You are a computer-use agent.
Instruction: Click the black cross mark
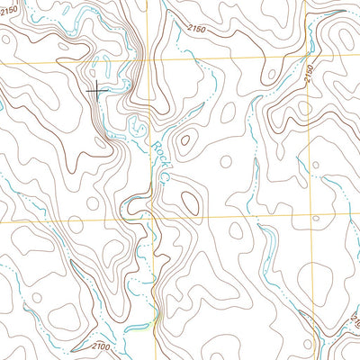point(96,88)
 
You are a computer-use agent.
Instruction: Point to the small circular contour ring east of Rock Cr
point(226,162)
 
